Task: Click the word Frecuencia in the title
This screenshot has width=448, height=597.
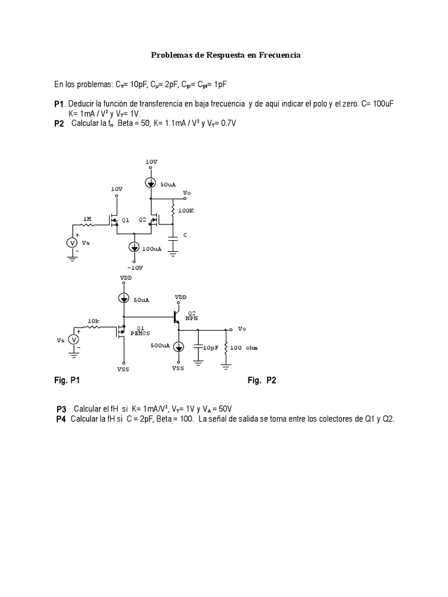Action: point(279,55)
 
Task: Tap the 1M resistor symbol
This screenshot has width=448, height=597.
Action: point(87,224)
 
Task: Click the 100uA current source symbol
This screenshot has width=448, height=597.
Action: point(135,248)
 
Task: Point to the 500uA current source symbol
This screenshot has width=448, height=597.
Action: point(179,346)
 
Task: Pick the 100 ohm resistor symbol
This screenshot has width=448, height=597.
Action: point(226,347)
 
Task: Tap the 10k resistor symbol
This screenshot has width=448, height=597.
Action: point(93,328)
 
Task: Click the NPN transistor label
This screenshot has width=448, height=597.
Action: point(192,319)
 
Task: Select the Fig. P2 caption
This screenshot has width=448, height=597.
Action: point(262,381)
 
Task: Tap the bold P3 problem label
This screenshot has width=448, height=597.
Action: point(62,409)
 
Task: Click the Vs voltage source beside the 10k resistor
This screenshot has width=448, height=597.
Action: point(74,340)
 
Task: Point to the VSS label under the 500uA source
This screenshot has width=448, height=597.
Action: point(178,368)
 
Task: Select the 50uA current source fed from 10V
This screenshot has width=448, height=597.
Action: point(151,182)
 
